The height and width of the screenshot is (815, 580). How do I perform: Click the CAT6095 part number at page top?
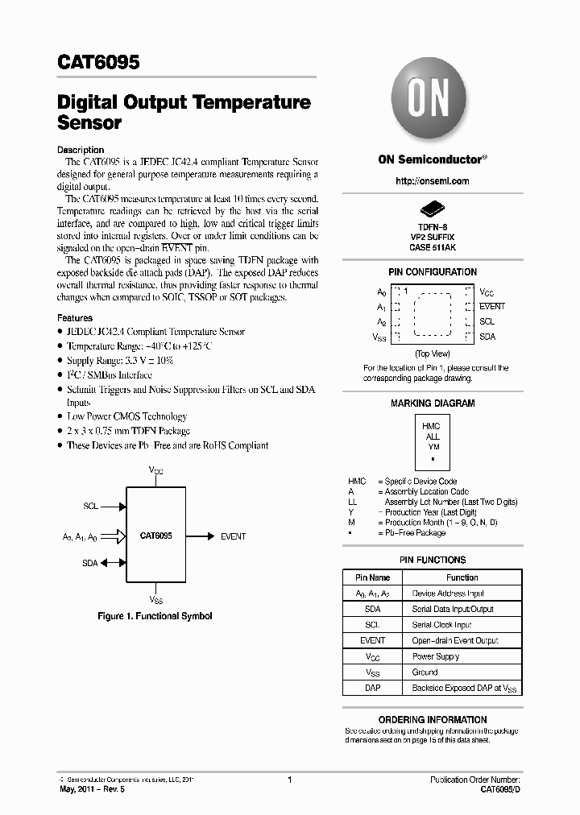coord(99,61)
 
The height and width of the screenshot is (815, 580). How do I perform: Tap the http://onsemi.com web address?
coord(433,181)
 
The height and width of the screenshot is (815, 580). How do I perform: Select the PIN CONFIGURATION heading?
coord(433,272)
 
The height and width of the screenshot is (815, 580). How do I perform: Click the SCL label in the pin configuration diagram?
coord(487,321)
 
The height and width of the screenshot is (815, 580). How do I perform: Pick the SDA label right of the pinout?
coord(487,337)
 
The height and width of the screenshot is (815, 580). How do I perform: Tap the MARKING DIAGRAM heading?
coord(433,403)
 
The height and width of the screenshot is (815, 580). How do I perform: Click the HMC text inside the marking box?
coord(432,426)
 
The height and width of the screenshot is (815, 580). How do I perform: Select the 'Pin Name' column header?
coord(372,577)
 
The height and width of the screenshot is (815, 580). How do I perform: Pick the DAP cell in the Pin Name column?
coord(372,689)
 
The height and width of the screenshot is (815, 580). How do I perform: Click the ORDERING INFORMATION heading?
coord(433,720)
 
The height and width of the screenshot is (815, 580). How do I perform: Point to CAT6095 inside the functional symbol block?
coord(155,536)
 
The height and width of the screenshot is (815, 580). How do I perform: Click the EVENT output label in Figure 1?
coord(233,536)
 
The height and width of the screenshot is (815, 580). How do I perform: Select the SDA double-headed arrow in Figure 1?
coord(114,563)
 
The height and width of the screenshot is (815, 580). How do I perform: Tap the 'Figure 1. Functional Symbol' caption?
coord(155,616)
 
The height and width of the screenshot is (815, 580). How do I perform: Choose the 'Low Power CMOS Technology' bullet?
coord(126,416)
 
